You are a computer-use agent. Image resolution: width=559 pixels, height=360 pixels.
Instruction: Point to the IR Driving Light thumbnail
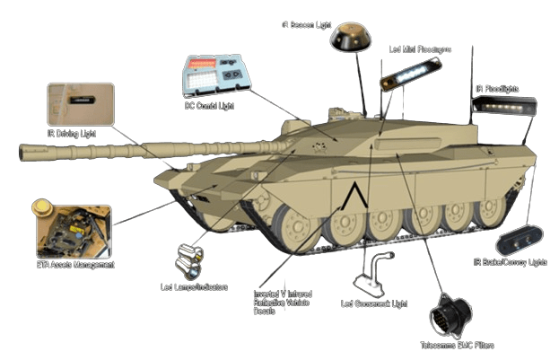point(81,103)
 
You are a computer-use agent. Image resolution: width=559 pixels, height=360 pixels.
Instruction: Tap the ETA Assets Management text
point(75,265)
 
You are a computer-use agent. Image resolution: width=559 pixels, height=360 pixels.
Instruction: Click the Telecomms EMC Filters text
point(457,345)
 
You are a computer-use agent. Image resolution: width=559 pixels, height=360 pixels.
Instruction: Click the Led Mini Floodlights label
point(421,48)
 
